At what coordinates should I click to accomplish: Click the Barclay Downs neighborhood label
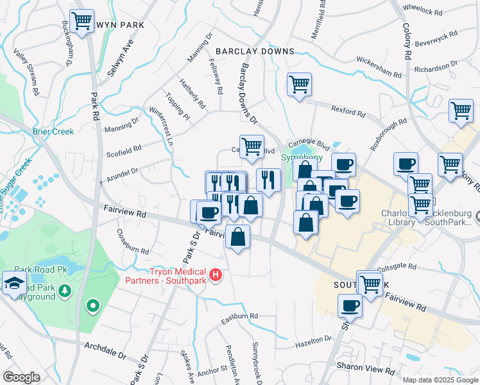(x=255, y=51)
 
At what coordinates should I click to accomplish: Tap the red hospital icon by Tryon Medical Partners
(x=216, y=275)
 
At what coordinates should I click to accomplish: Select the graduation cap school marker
(x=13, y=282)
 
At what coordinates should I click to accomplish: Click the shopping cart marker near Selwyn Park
(x=81, y=21)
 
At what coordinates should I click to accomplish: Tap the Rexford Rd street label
(x=348, y=112)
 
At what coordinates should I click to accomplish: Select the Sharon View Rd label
(x=366, y=370)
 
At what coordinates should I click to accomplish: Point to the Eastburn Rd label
(x=239, y=316)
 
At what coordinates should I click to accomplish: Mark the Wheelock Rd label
(x=423, y=11)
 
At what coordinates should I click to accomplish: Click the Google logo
(x=21, y=377)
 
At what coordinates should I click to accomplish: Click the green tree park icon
(x=65, y=292)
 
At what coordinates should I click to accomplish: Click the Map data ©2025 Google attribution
(x=440, y=379)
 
